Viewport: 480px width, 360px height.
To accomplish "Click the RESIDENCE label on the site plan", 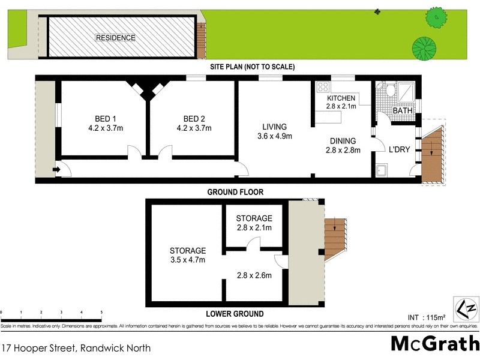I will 116,38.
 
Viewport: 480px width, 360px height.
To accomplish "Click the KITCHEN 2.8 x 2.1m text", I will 341,102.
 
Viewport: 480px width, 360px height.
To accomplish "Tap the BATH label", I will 401,112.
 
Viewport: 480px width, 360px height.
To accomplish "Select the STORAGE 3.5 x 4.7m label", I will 187,255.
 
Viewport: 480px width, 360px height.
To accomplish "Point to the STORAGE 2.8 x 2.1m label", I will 254,223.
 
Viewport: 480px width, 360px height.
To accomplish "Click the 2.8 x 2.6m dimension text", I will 253,276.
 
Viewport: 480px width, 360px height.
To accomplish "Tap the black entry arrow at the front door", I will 57,171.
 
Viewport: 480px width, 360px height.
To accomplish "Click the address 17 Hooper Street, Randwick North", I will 76,347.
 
